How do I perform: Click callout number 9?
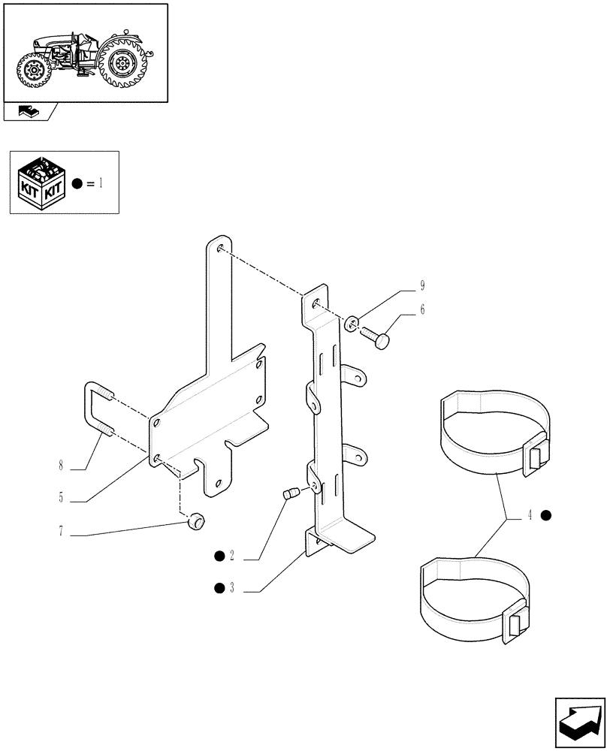coord(423,285)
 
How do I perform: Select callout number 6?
coord(423,309)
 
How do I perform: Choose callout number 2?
coord(232,556)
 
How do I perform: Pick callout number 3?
coord(232,588)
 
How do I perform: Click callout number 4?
coord(530,515)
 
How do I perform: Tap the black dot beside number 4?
coord(547,515)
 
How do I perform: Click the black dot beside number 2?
coord(219,556)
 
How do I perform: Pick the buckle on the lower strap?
coord(514,623)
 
